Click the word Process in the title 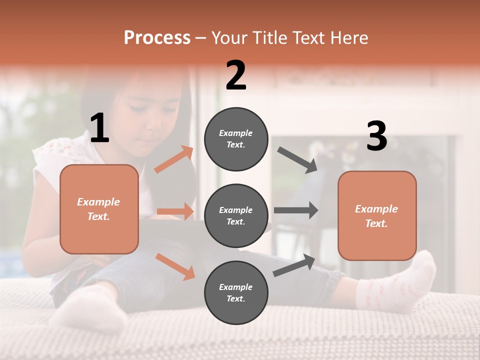(x=157, y=37)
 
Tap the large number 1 (x=99, y=129)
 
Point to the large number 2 (x=236, y=76)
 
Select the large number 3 (x=376, y=136)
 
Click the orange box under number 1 (x=99, y=209)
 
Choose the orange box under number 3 (x=377, y=215)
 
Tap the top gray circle (x=236, y=139)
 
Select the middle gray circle (x=236, y=216)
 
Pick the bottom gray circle (x=236, y=293)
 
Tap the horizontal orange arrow (x=175, y=211)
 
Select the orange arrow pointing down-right (x=175, y=266)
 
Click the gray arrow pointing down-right (x=297, y=159)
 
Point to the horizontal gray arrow (x=296, y=210)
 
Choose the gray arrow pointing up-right (x=294, y=265)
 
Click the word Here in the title (x=349, y=37)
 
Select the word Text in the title (x=309, y=37)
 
